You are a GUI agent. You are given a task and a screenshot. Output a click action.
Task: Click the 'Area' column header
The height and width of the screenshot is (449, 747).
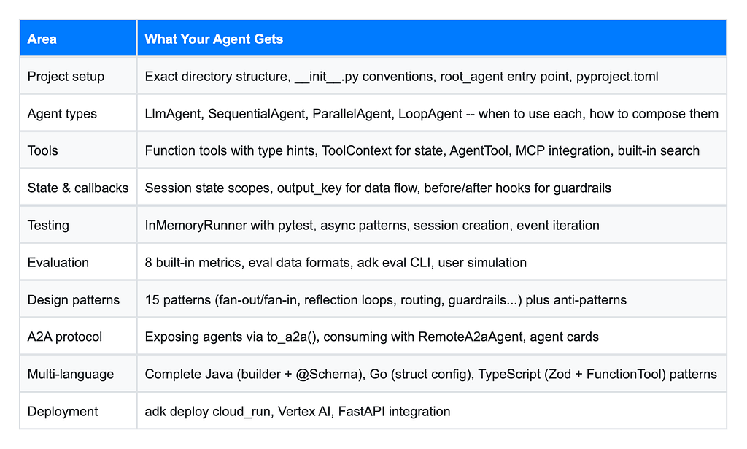[42, 39]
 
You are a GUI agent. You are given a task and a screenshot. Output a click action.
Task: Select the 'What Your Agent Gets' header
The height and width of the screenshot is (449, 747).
[214, 39]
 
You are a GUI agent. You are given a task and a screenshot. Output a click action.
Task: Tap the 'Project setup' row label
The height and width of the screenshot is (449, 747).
[66, 76]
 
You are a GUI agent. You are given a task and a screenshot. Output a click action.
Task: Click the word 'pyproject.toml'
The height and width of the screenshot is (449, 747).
[617, 77]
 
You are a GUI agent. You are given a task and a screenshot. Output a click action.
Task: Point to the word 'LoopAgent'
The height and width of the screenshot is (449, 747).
[430, 114]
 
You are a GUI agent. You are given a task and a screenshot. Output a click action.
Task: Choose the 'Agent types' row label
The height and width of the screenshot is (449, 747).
[62, 114]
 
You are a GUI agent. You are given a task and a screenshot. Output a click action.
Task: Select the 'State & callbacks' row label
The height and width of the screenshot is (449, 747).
[78, 188]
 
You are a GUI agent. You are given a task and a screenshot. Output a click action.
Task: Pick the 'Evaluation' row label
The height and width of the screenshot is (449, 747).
[58, 263]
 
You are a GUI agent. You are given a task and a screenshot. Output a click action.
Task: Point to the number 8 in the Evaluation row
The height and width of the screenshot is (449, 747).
[148, 263]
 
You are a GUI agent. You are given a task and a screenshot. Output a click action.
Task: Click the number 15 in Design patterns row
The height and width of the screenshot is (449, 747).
[152, 300]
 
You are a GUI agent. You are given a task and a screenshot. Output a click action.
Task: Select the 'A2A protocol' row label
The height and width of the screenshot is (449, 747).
[65, 337]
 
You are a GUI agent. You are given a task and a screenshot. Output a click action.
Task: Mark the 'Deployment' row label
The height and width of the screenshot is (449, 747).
[63, 411]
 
